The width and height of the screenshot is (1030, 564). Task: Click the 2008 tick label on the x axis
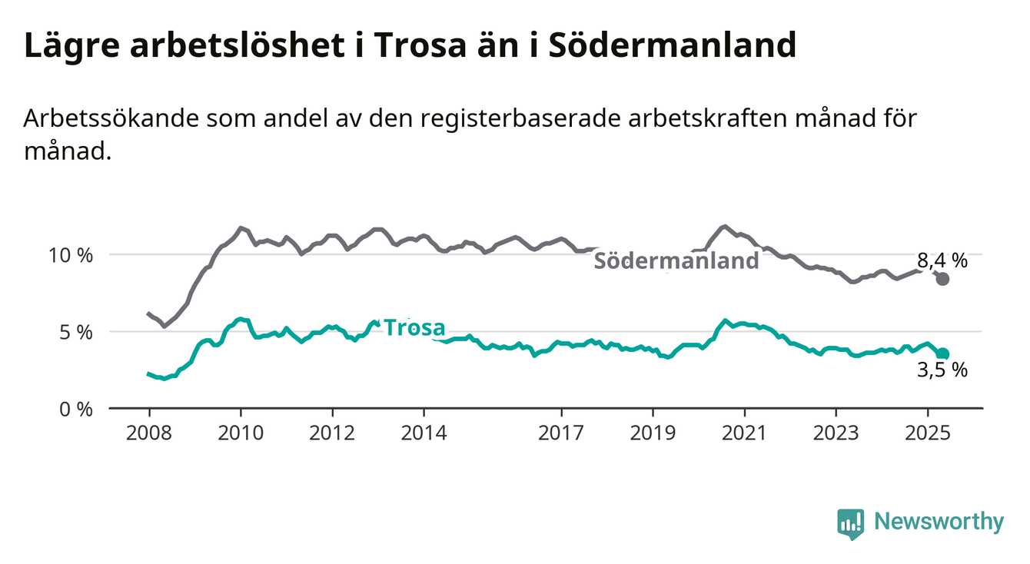tap(149, 433)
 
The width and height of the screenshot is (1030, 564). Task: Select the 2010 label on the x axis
tap(241, 433)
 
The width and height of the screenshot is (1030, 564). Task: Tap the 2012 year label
tap(332, 433)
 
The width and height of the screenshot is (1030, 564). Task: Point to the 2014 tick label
tap(424, 433)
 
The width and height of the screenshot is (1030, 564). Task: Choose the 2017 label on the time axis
tap(561, 433)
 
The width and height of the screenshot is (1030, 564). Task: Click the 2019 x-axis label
tap(653, 433)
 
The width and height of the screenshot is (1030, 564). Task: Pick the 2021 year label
tap(745, 433)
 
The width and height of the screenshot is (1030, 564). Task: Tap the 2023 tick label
tap(836, 433)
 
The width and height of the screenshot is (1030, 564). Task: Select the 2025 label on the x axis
tap(928, 433)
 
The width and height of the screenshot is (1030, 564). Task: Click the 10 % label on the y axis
tap(71, 256)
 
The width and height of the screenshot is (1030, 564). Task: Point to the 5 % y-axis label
tap(76, 333)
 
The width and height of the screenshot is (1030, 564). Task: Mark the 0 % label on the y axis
tap(76, 409)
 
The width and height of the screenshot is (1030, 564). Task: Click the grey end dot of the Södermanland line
tap(942, 279)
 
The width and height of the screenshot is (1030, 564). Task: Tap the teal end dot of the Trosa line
tap(942, 353)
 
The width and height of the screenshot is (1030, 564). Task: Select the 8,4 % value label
tap(942, 260)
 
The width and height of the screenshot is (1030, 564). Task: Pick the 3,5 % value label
tap(942, 370)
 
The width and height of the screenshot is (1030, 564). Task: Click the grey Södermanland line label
tap(676, 260)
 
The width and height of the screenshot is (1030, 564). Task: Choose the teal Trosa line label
tap(415, 328)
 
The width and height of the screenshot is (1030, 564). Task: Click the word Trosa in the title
tap(420, 45)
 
